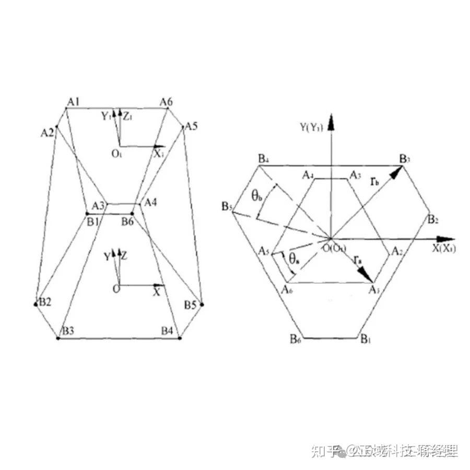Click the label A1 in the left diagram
click(73, 101)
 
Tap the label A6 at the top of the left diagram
click(167, 101)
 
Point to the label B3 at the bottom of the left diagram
click(68, 331)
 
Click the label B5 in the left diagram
click(190, 304)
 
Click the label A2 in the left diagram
click(48, 132)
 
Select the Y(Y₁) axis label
click(311, 127)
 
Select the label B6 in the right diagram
click(296, 339)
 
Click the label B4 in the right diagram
click(264, 158)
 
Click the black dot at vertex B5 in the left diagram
click(202, 304)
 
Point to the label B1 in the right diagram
click(365, 339)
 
